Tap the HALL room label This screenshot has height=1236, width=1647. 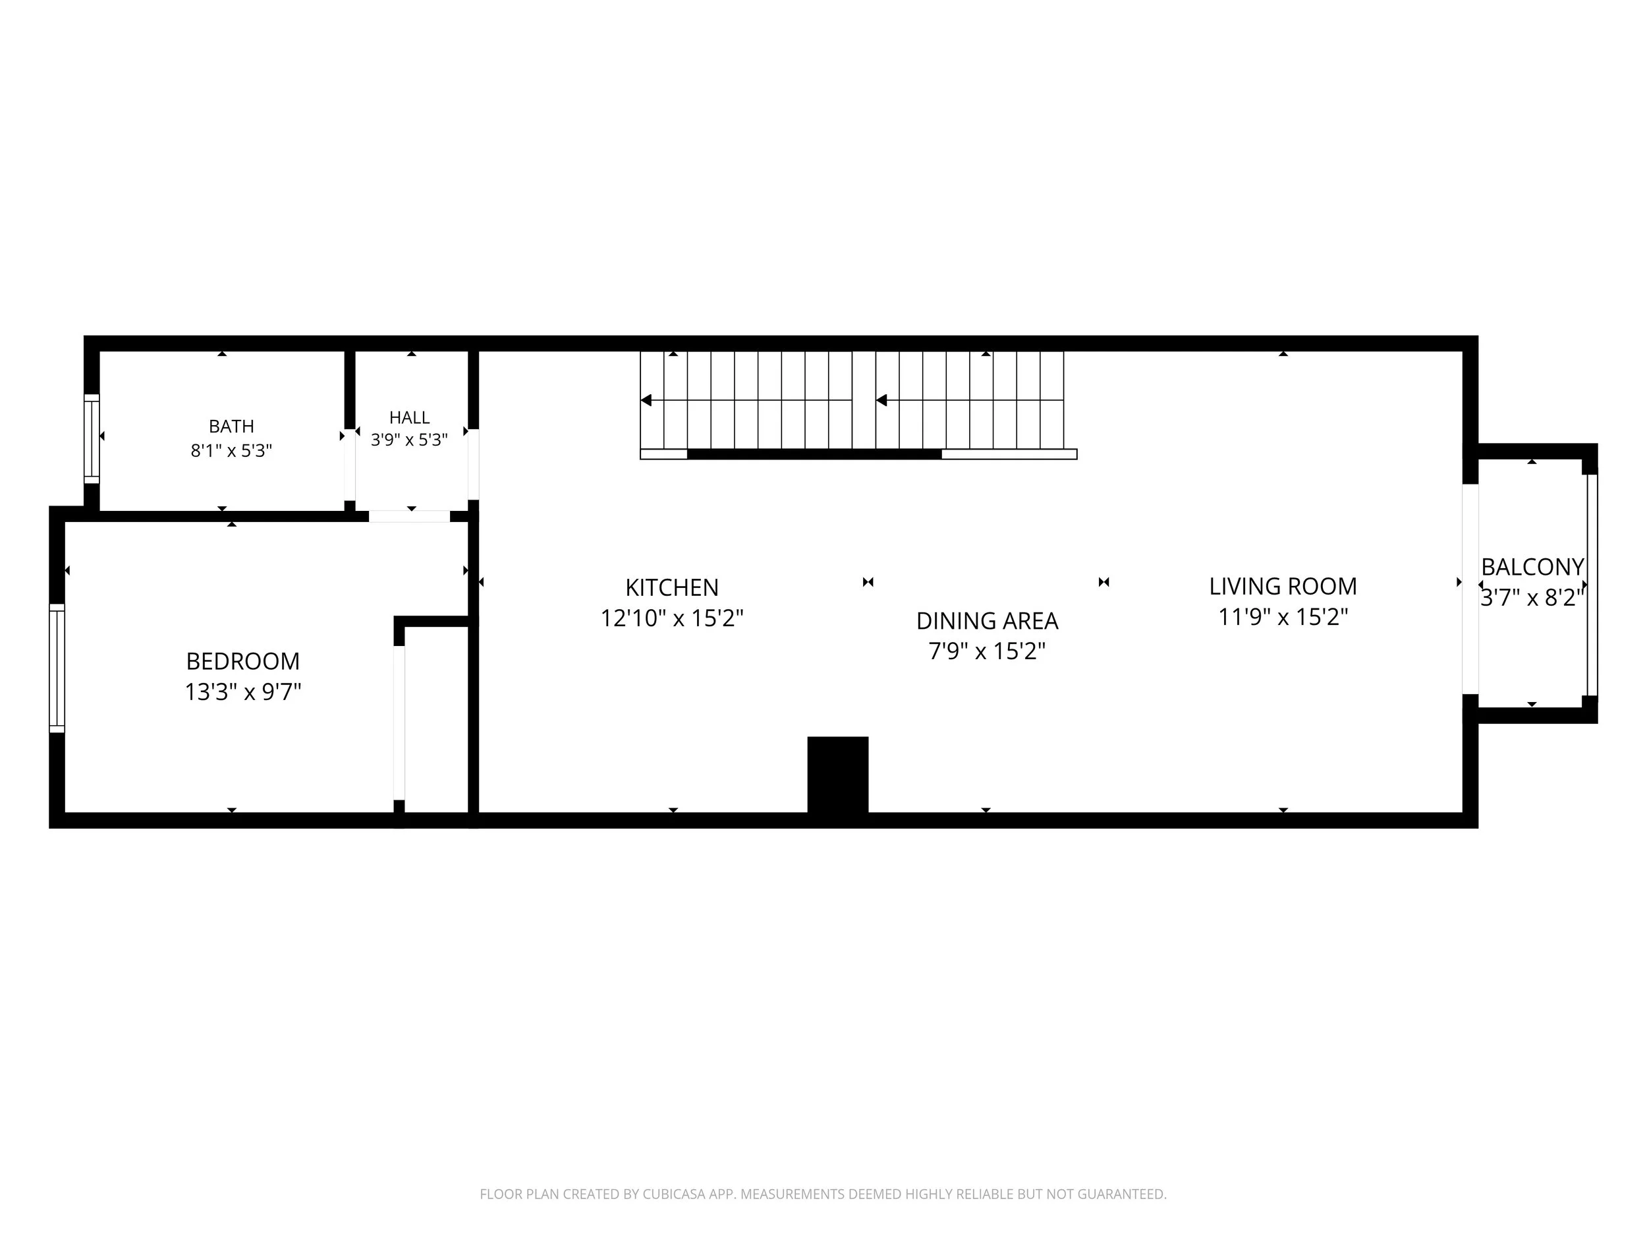tap(410, 417)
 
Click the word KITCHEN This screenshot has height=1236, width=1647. tap(671, 588)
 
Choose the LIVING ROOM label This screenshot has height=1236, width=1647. tap(1283, 586)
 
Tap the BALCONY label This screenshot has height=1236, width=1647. tap(1532, 567)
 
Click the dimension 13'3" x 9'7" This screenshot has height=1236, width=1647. tap(242, 692)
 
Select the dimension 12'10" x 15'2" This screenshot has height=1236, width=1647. tap(671, 618)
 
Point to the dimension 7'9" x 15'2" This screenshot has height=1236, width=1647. tap(988, 651)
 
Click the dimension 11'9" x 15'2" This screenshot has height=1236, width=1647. tap(1283, 617)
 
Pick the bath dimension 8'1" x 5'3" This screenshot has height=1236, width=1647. tap(231, 451)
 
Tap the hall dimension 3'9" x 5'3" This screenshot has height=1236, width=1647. tap(410, 440)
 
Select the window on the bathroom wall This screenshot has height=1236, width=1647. tap(92, 439)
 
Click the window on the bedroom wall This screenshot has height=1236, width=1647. tap(57, 668)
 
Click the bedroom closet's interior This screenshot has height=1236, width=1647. tap(435, 720)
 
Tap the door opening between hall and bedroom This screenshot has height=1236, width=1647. tap(410, 516)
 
